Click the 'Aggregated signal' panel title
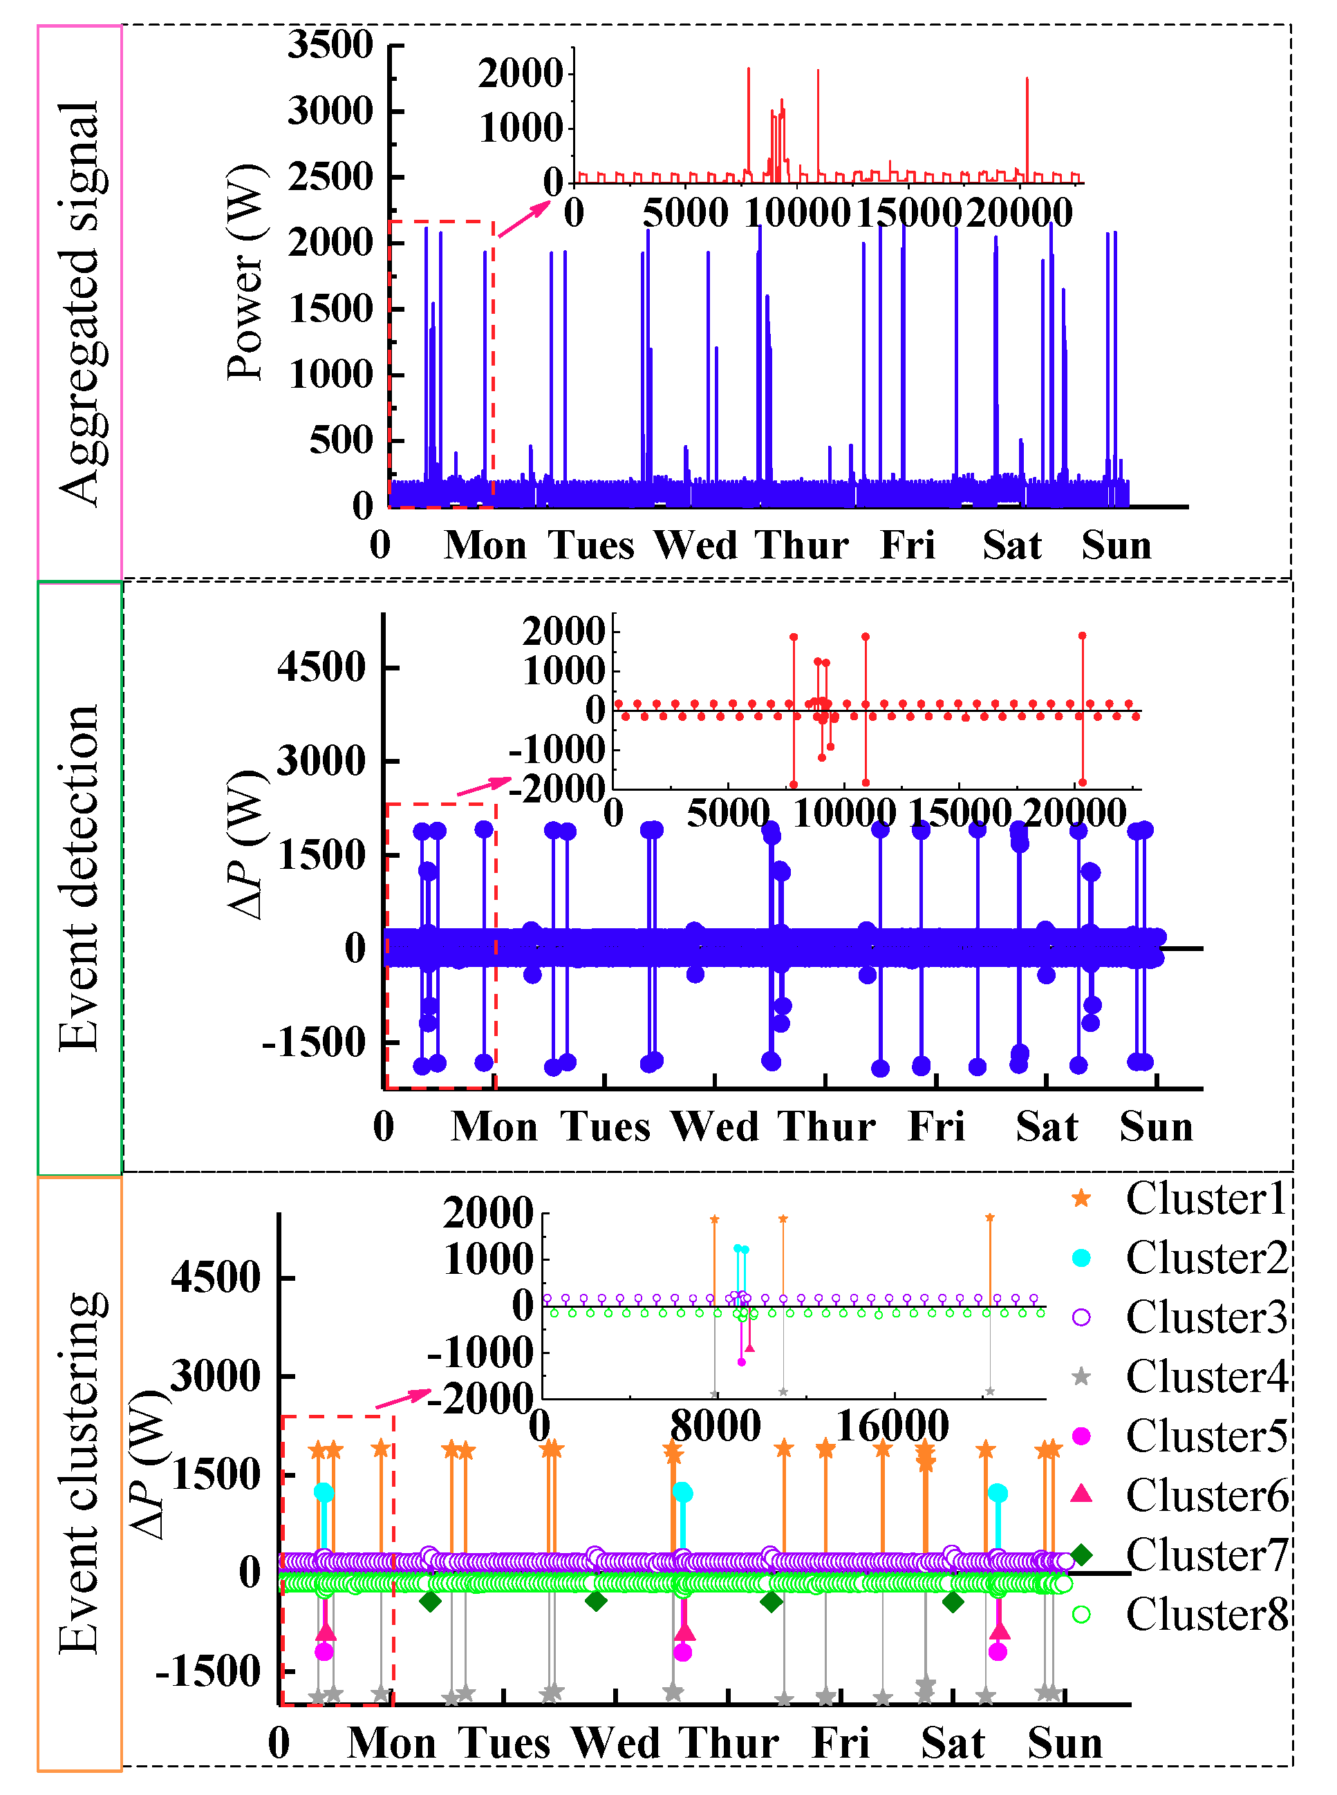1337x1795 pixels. (x=80, y=303)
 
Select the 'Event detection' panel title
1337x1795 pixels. (x=80, y=878)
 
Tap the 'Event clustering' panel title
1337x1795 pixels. (x=80, y=1473)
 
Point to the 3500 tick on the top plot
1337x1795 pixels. (x=330, y=44)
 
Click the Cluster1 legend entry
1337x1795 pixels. (x=1205, y=1199)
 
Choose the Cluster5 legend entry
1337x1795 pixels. (x=1205, y=1436)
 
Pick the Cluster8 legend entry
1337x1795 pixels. (x=1205, y=1614)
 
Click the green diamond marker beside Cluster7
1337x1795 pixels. (x=1081, y=1554)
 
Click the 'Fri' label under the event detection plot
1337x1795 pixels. (x=937, y=1127)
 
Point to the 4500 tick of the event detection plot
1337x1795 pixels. (x=321, y=668)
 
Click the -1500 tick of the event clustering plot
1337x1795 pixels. (x=208, y=1671)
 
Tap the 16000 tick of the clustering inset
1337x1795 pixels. (x=892, y=1426)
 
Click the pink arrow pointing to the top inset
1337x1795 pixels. (x=523, y=219)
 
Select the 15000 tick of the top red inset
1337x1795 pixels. (x=908, y=213)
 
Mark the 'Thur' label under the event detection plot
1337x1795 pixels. (x=827, y=1127)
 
